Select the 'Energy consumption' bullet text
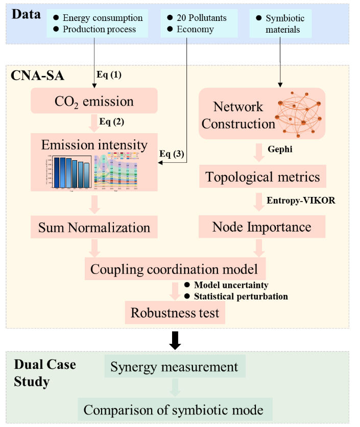point(103,18)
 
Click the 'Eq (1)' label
point(109,74)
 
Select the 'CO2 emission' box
point(94,101)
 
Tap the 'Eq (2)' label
point(112,121)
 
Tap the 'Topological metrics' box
point(262,177)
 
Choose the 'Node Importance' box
point(261,227)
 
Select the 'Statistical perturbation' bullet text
point(241,296)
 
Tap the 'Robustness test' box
point(175,312)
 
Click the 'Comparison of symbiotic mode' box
point(173,409)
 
